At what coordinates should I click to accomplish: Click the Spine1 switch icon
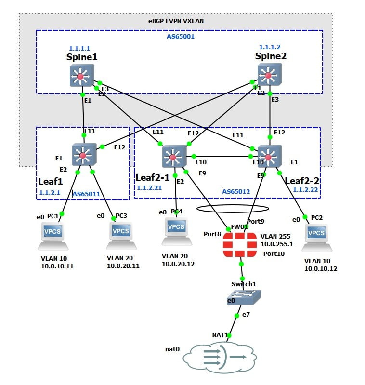click(80, 76)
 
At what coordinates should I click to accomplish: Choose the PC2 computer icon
click(316, 236)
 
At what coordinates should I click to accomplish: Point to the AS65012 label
click(236, 191)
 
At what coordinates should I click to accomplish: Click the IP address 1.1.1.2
click(269, 47)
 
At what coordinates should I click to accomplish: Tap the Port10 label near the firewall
click(274, 253)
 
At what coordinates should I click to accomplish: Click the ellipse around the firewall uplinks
click(233, 209)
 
